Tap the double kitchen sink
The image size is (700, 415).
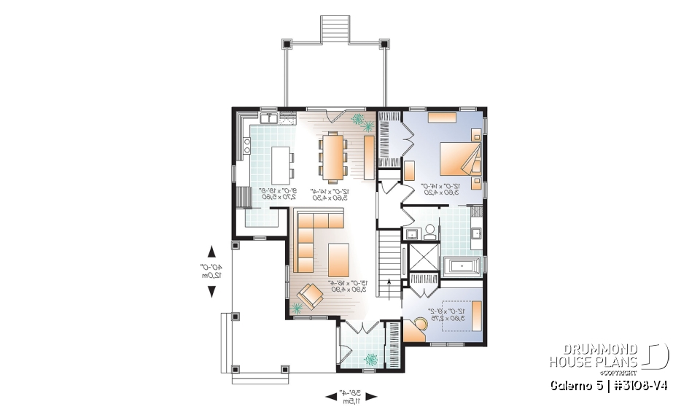tap(268, 116)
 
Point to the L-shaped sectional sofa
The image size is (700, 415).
tap(310, 233)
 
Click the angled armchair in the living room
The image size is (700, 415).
tap(311, 295)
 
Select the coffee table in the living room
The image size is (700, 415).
tap(339, 258)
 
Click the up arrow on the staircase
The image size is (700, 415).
tap(391, 285)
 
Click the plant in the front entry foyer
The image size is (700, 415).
tap(372, 358)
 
